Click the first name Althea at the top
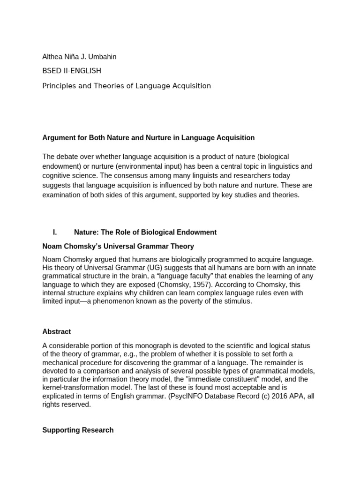point(53,57)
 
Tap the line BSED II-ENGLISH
point(72,71)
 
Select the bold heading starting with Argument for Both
point(148,138)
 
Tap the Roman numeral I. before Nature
point(55,232)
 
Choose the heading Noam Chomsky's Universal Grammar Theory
point(118,247)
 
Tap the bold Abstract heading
point(57,332)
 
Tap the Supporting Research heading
point(78,430)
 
